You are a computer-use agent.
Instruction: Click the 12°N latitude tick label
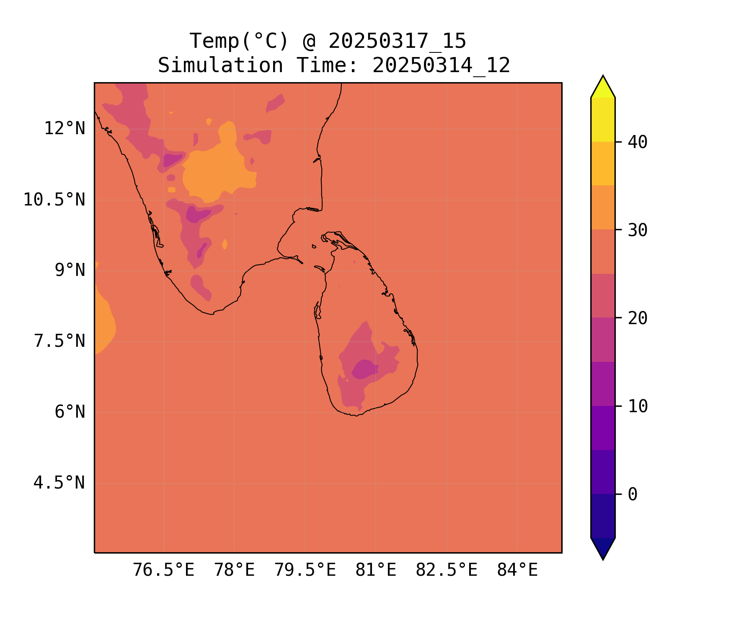pyautogui.click(x=65, y=128)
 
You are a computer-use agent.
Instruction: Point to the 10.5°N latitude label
pyautogui.click(x=54, y=200)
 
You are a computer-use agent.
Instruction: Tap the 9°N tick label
pyautogui.click(x=70, y=270)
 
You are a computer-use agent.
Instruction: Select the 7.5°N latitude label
pyautogui.click(x=59, y=341)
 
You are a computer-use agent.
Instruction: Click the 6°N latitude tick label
pyautogui.click(x=70, y=412)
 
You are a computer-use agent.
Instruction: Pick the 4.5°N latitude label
pyautogui.click(x=59, y=483)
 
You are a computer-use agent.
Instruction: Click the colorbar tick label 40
pyautogui.click(x=638, y=142)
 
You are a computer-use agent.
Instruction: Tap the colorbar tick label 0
pyautogui.click(x=633, y=494)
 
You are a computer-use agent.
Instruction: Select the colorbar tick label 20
pyautogui.click(x=638, y=318)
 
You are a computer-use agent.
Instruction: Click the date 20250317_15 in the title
pyautogui.click(x=397, y=41)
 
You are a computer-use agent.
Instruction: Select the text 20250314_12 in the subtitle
pyautogui.click(x=441, y=65)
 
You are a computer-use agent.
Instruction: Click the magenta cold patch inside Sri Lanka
pyautogui.click(x=364, y=369)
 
